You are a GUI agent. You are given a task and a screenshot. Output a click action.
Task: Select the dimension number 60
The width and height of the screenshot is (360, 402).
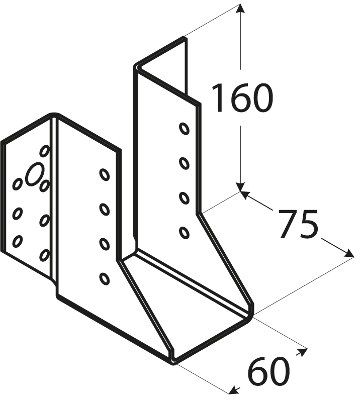269,372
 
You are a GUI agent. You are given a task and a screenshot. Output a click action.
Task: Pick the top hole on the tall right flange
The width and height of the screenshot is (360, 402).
184,129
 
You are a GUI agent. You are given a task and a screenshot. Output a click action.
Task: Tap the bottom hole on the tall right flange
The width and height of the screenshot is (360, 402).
184,232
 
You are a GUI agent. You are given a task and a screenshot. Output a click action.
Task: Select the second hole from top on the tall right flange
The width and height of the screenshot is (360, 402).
184,163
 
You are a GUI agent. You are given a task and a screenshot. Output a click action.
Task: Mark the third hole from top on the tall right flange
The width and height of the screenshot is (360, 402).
184,198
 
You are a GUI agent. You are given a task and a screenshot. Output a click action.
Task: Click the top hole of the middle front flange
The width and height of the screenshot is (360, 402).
105,175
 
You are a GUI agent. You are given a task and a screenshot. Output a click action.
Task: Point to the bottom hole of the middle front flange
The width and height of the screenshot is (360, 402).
105,278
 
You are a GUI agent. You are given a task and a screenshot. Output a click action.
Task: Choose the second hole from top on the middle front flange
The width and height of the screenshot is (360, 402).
105,209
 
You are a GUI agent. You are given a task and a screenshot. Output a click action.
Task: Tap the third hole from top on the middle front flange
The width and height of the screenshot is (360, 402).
105,244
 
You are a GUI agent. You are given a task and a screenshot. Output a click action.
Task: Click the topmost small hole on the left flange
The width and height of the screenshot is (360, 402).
45,151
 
